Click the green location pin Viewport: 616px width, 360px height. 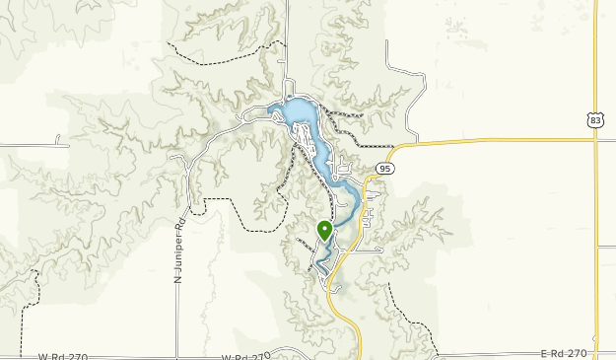(324, 232)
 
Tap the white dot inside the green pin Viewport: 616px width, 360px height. (324, 229)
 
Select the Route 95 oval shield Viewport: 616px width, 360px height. (385, 169)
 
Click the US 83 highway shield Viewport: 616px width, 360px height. (593, 120)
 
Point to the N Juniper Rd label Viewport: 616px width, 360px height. (179, 252)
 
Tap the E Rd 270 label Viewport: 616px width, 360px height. (564, 353)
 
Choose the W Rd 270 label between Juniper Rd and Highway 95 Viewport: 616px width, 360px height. (245, 357)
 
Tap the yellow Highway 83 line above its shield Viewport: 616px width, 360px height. (596, 59)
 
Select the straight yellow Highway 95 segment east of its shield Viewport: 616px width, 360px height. (493, 142)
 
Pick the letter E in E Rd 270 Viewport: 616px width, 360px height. (544, 353)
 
